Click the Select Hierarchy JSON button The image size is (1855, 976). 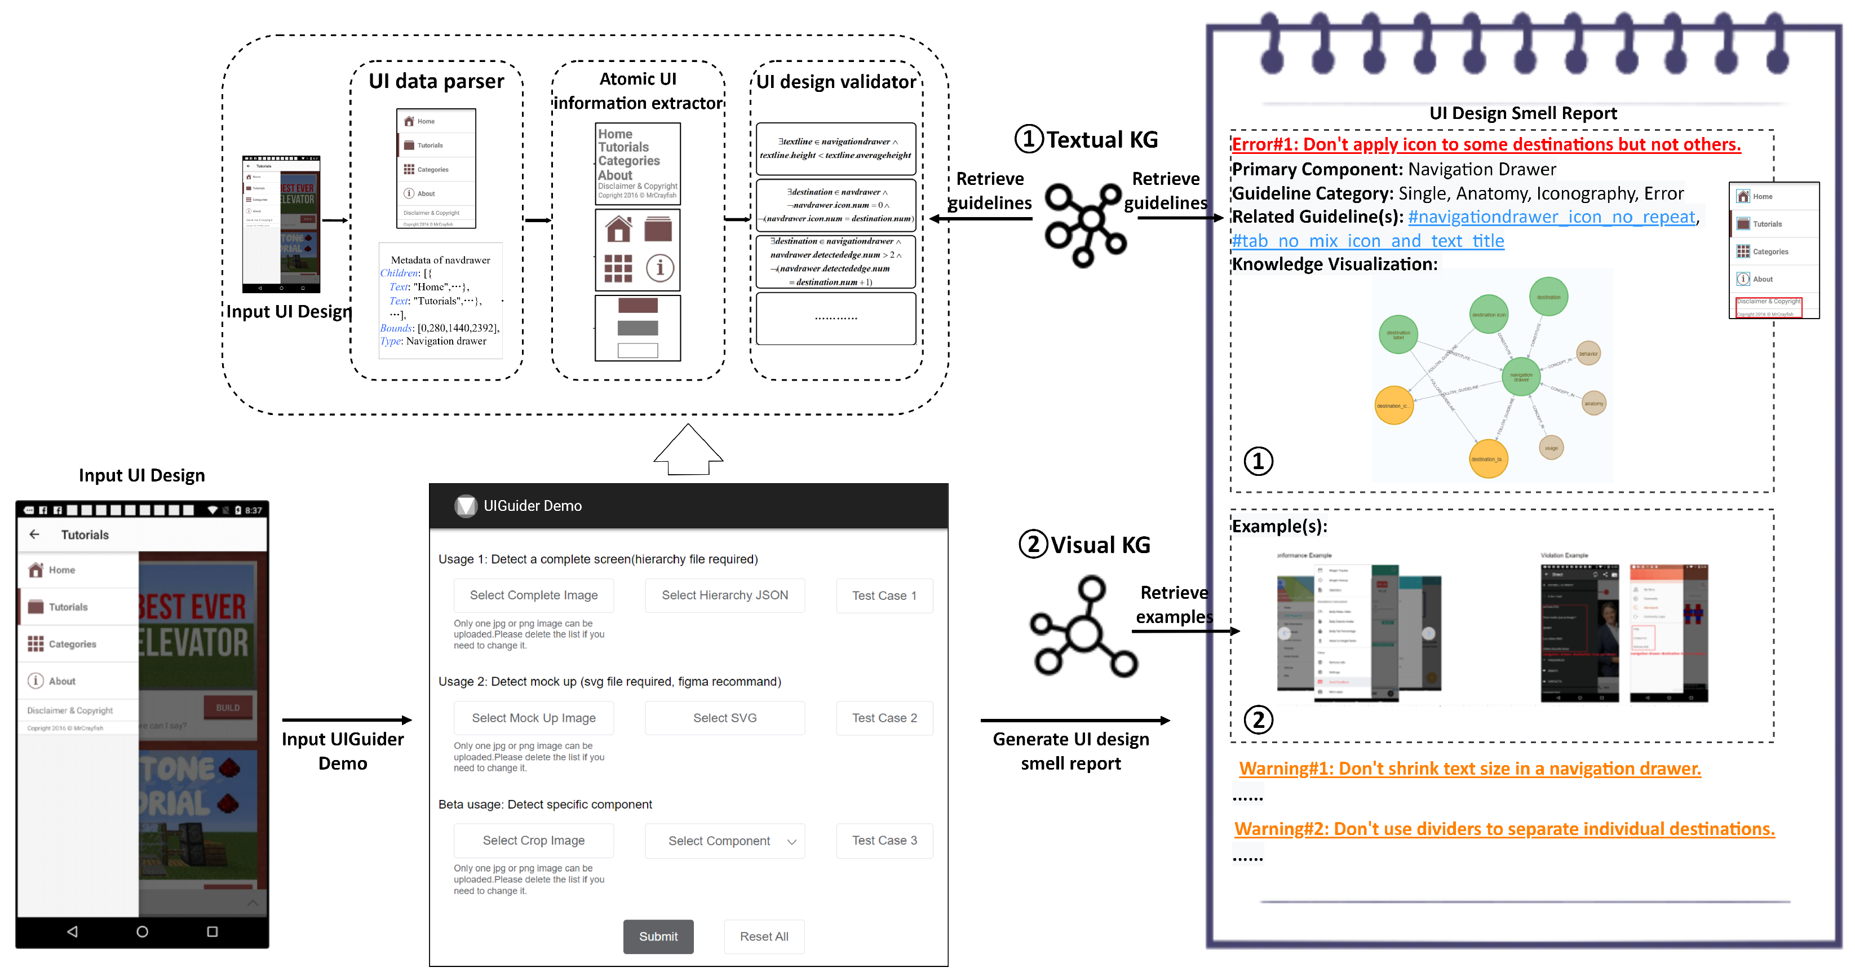pyautogui.click(x=724, y=595)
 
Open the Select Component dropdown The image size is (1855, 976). pyautogui.click(x=724, y=841)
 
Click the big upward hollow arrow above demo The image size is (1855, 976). pyautogui.click(x=688, y=449)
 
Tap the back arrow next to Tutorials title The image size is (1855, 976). pyautogui.click(x=34, y=535)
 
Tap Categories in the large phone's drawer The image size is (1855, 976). pyautogui.click(x=72, y=644)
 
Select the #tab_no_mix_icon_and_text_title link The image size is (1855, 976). pyautogui.click(x=1367, y=241)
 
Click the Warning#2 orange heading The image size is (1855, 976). pyautogui.click(x=1504, y=828)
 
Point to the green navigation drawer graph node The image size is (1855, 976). pyautogui.click(x=1520, y=376)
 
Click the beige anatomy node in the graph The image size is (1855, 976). pyautogui.click(x=1593, y=403)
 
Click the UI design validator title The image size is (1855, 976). pyautogui.click(x=835, y=81)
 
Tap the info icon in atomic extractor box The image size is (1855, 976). pyautogui.click(x=659, y=268)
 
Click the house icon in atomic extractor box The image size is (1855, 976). pyautogui.click(x=618, y=229)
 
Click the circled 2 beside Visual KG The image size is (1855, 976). pyautogui.click(x=1033, y=545)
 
